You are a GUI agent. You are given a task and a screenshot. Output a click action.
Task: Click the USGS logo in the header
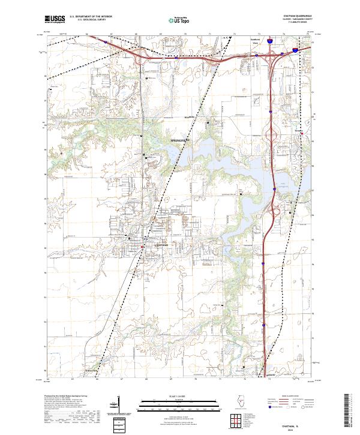pos(55,19)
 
